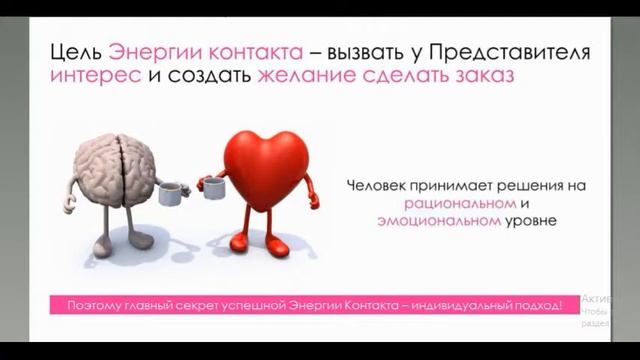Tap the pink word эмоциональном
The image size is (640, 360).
438,221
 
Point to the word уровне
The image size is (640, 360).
529,221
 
